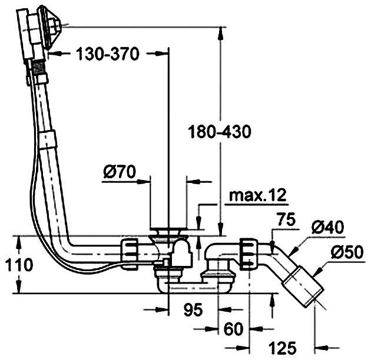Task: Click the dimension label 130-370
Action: click(x=108, y=54)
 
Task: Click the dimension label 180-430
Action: click(x=219, y=132)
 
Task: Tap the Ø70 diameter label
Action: click(x=120, y=172)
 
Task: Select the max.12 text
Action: click(x=258, y=195)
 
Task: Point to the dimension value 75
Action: click(x=287, y=219)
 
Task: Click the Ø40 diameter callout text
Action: click(x=327, y=228)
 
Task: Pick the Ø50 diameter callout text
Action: click(x=347, y=252)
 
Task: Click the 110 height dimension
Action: click(x=19, y=265)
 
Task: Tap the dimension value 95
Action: click(x=193, y=309)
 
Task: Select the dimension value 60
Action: click(x=233, y=329)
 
